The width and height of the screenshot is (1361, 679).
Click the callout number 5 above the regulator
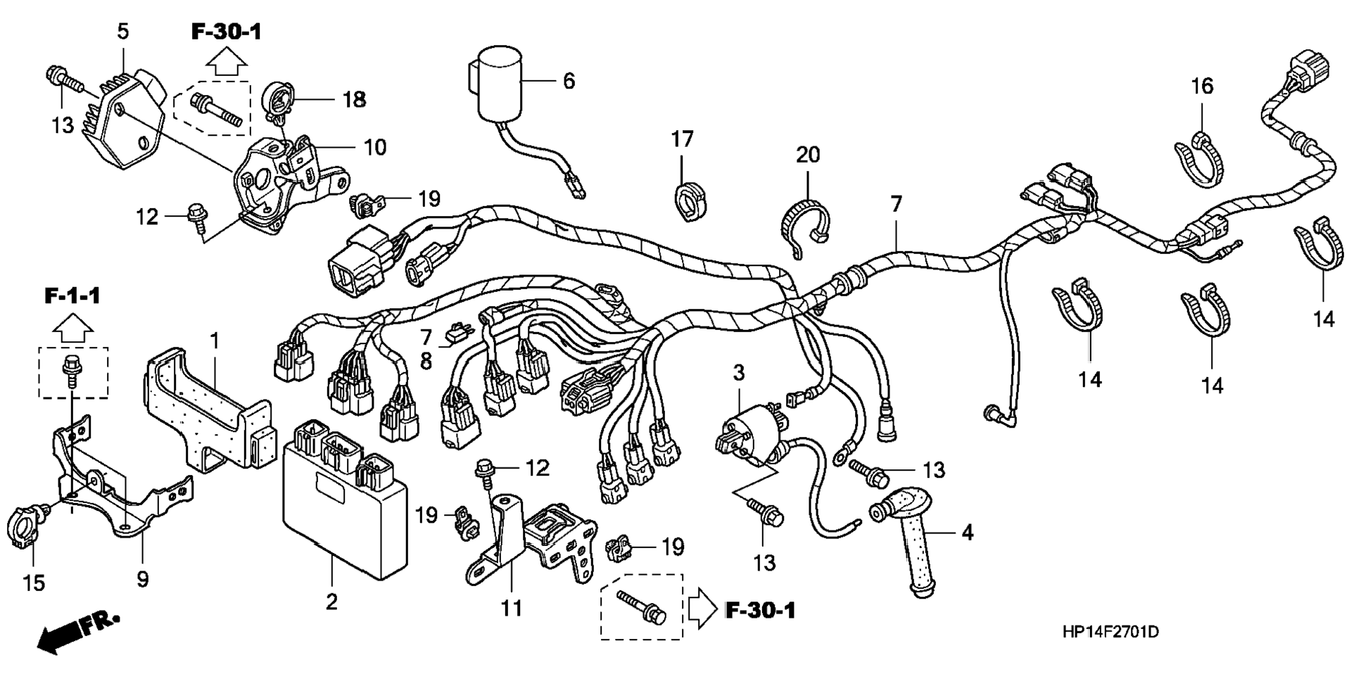pyautogui.click(x=123, y=32)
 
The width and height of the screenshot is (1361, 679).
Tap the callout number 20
pyautogui.click(x=808, y=154)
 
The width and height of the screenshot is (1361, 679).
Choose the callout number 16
pyautogui.click(x=1202, y=87)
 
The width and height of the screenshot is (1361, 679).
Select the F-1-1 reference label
pyautogui.click(x=72, y=296)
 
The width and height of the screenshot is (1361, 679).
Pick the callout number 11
pyautogui.click(x=512, y=608)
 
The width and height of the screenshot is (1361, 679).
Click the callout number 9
pyautogui.click(x=143, y=580)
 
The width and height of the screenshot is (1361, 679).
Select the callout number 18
pyautogui.click(x=354, y=100)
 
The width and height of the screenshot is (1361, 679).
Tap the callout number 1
pyautogui.click(x=215, y=341)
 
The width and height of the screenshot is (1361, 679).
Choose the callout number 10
pyautogui.click(x=375, y=148)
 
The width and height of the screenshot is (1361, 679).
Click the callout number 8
pyautogui.click(x=426, y=362)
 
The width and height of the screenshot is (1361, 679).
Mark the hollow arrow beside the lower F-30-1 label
pyautogui.click(x=702, y=607)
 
